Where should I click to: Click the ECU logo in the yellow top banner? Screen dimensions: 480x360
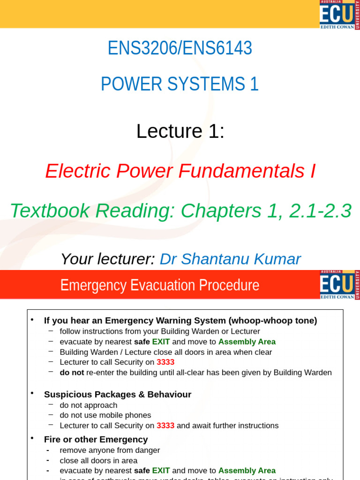click(339, 15)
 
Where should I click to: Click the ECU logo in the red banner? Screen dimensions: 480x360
click(339, 285)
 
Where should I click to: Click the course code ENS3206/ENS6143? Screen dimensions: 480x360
click(180, 48)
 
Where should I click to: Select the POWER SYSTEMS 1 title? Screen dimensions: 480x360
click(180, 84)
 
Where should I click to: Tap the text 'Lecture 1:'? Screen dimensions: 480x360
click(180, 131)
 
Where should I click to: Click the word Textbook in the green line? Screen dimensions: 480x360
click(50, 211)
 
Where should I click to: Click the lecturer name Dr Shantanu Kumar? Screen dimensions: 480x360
click(230, 259)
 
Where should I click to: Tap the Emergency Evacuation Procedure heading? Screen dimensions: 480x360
click(160, 285)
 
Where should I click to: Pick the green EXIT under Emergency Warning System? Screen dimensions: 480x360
click(161, 342)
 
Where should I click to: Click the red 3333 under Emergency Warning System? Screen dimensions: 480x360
click(165, 362)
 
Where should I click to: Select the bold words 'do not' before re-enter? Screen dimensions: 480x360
click(72, 373)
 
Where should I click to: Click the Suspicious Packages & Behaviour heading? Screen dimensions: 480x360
click(118, 395)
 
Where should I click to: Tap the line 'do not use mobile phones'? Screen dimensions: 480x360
click(105, 415)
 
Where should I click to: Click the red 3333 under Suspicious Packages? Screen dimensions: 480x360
click(165, 426)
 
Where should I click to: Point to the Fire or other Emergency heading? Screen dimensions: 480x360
click(96, 440)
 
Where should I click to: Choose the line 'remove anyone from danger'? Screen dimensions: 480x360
click(110, 450)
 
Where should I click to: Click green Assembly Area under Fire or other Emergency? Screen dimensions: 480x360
click(247, 471)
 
